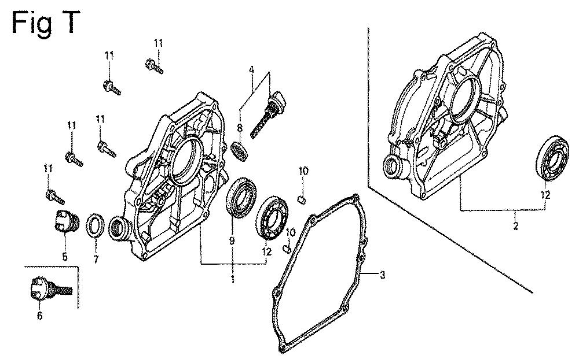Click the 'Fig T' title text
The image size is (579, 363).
pos(46,23)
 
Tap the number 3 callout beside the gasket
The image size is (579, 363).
pos(382,275)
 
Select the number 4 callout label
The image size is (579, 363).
pos(252,69)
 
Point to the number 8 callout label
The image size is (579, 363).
pos(239,128)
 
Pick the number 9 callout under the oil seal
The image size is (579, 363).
pos(232,240)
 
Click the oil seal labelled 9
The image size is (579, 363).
pos(240,198)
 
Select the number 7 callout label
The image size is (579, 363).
pos(96,260)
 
